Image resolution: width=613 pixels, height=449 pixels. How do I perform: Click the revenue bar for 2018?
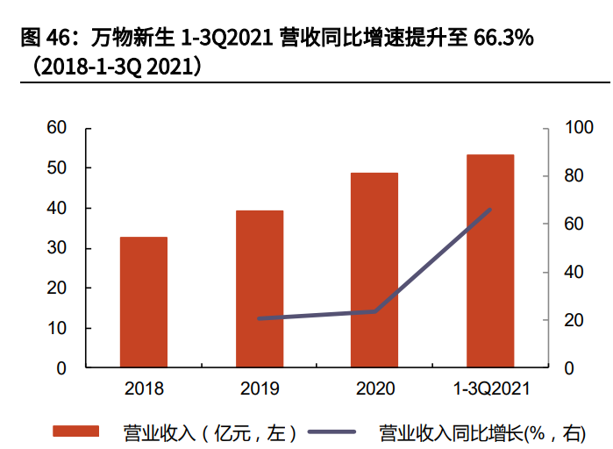[x=144, y=302]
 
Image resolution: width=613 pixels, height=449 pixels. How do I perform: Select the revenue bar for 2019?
[x=259, y=289]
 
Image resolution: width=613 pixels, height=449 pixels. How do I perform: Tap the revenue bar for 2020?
[x=374, y=269]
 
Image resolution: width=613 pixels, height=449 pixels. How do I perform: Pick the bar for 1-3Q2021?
[x=490, y=260]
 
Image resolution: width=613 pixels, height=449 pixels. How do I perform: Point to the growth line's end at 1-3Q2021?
[x=490, y=209]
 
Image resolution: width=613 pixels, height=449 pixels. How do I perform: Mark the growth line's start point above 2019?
[x=259, y=318]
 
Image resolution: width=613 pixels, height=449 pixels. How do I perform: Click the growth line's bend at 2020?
[x=375, y=311]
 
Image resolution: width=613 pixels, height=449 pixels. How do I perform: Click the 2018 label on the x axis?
[x=144, y=388]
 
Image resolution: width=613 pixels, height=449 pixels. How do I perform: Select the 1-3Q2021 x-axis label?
[x=490, y=388]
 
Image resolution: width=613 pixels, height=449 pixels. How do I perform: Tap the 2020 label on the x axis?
[x=375, y=388]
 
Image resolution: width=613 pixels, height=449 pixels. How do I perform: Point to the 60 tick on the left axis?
[x=57, y=128]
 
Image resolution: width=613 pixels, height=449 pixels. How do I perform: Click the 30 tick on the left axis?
[x=57, y=248]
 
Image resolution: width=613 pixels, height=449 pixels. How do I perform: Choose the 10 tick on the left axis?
[x=57, y=328]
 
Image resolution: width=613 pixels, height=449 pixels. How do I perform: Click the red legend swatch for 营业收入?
[x=77, y=431]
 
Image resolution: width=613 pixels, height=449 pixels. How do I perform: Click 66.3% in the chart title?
[x=504, y=39]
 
